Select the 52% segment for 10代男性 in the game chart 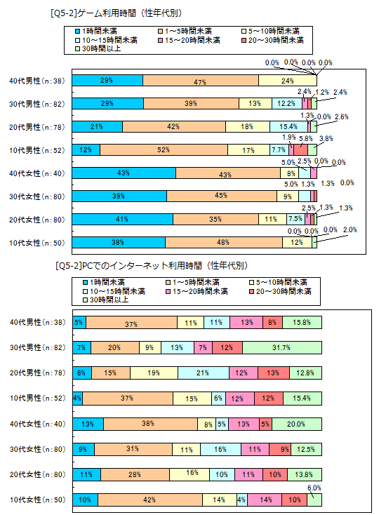point(164,150)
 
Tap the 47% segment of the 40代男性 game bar point(200,81)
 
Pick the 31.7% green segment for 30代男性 point(283,348)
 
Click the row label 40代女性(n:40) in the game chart point(34,173)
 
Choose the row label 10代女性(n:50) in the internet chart point(34,500)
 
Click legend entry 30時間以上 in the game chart point(99,49)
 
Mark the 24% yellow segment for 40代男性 point(287,81)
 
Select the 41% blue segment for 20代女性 point(123,220)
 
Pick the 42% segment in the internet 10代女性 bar point(150,500)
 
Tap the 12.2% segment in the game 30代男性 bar point(284,104)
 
